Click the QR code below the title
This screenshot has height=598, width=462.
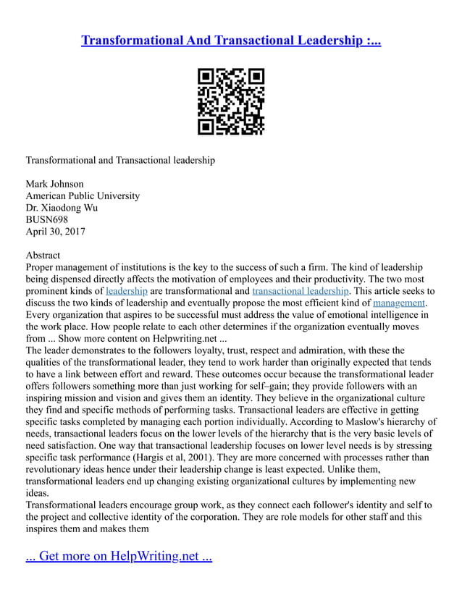[231, 102]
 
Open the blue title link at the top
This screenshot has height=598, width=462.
[231, 40]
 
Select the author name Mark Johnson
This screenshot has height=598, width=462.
[54, 184]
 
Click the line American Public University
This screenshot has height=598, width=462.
[83, 195]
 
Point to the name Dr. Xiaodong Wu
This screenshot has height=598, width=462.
[62, 208]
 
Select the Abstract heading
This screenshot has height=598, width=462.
[43, 256]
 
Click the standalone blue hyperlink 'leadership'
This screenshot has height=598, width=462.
[126, 291]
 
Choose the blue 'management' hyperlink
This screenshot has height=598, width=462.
[399, 303]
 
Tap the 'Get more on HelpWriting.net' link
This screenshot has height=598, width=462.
[119, 557]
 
